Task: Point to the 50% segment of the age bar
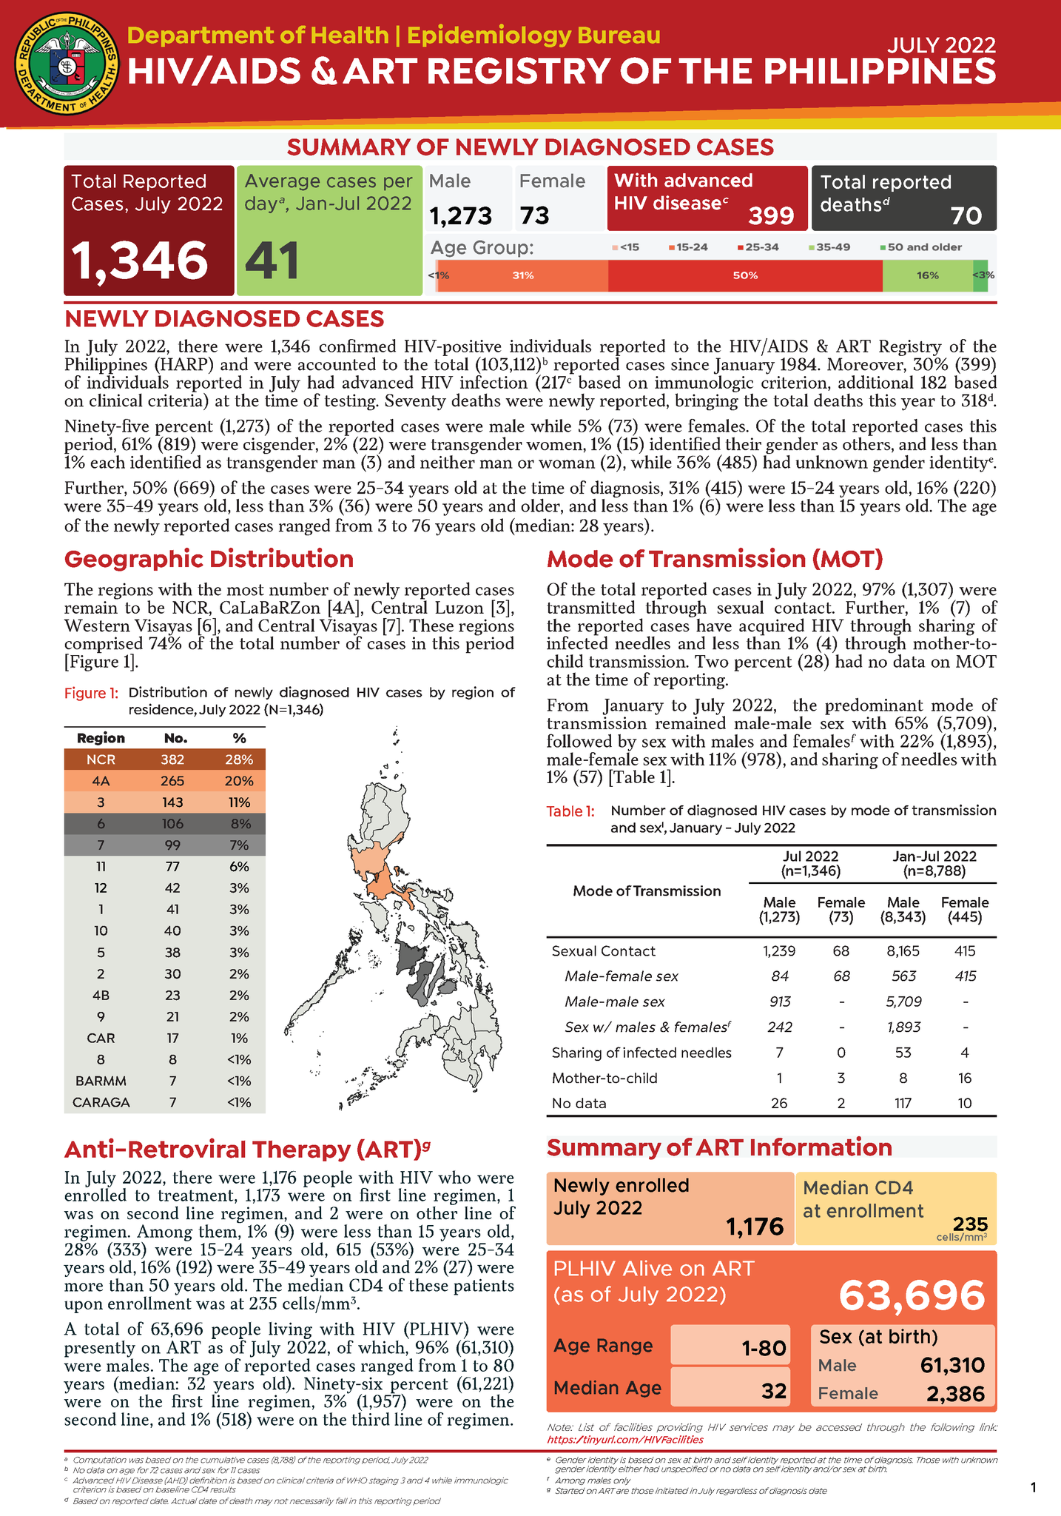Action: [x=744, y=275]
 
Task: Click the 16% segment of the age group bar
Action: [x=927, y=275]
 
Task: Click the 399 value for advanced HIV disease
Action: [x=771, y=215]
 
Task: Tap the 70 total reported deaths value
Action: [x=966, y=215]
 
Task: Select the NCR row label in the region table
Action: [x=101, y=759]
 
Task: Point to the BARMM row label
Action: [x=101, y=1081]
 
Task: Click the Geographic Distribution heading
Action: [x=209, y=559]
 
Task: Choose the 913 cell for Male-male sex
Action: [x=779, y=1002]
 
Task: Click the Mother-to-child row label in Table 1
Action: [x=604, y=1078]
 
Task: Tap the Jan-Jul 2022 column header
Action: [x=934, y=856]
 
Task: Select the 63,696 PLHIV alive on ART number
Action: [x=912, y=1295]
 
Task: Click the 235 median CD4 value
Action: [x=970, y=1224]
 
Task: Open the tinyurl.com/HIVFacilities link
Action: [x=624, y=1440]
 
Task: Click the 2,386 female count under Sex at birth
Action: [x=955, y=1394]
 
